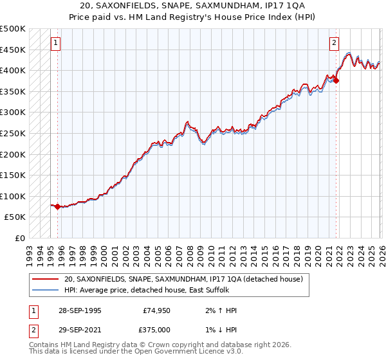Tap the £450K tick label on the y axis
point(13,50)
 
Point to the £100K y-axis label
point(13,196)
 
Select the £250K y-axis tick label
point(13,133)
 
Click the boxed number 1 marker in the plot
point(56,44)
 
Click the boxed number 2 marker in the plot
point(335,44)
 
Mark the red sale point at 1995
point(58,207)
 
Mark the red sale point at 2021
point(336,81)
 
